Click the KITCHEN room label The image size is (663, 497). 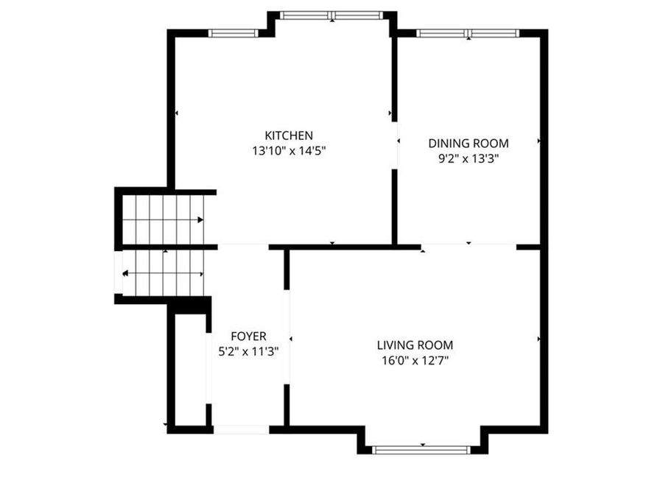click(x=289, y=135)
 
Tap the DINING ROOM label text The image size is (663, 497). click(x=469, y=144)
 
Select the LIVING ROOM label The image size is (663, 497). click(x=415, y=345)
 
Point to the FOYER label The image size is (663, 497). click(x=248, y=336)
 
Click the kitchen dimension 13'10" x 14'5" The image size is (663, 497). click(x=289, y=151)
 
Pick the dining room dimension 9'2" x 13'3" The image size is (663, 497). click(x=469, y=158)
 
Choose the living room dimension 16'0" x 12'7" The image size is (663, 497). click(x=415, y=361)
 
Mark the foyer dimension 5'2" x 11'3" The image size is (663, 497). click(x=248, y=352)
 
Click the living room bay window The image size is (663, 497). click(x=421, y=449)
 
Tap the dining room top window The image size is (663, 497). click(x=468, y=33)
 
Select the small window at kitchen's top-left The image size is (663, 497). click(x=233, y=33)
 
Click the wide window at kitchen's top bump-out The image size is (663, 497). click(x=331, y=15)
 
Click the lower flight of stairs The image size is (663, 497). click(x=162, y=273)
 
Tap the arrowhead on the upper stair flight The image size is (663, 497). click(x=201, y=219)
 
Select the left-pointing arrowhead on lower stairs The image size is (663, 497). click(x=125, y=274)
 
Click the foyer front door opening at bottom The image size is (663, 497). click(x=241, y=429)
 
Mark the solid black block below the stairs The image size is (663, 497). click(x=190, y=305)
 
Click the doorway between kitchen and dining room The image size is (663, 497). click(x=395, y=147)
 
